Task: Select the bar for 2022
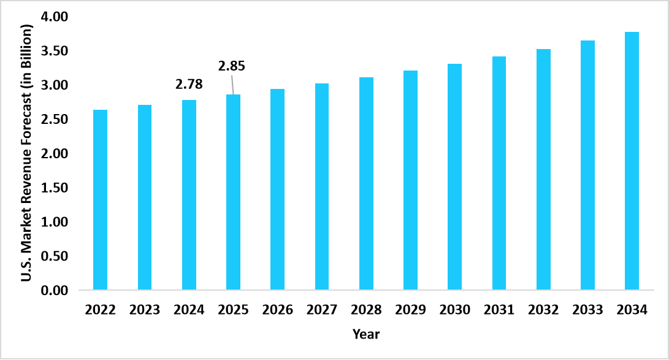(x=100, y=199)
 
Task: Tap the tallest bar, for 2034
(x=632, y=161)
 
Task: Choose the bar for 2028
(x=366, y=183)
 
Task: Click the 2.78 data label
(x=189, y=85)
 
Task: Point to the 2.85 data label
(x=232, y=66)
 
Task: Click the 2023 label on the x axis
(x=145, y=310)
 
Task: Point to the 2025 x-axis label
(x=233, y=310)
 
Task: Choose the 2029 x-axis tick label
(x=410, y=310)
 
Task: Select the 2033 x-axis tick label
(x=587, y=310)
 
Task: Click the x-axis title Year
(x=366, y=334)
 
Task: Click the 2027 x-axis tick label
(x=322, y=310)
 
